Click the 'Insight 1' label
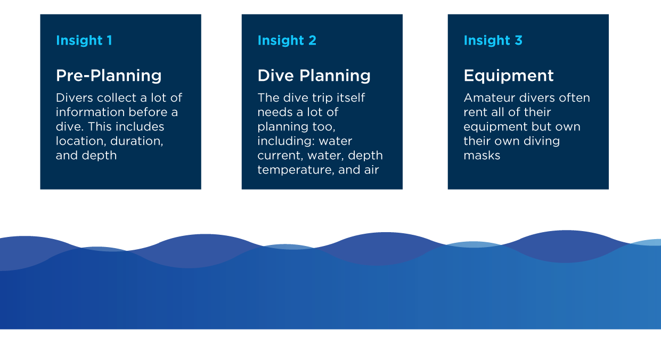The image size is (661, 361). pos(84,40)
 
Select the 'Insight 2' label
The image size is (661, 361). pos(287,40)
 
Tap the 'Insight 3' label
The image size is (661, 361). pos(493,40)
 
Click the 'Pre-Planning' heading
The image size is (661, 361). pos(109,76)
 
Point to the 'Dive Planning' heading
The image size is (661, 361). pos(314,76)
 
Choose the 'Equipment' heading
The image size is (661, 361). pos(509,76)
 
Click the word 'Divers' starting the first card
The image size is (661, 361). pos(75,97)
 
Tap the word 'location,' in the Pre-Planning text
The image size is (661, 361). pos(81,141)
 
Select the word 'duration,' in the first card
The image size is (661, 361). pos(137,141)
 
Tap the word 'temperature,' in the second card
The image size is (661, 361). pos(296,170)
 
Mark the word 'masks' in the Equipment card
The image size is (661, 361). pos(482,155)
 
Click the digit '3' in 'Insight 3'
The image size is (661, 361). pos(518,40)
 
